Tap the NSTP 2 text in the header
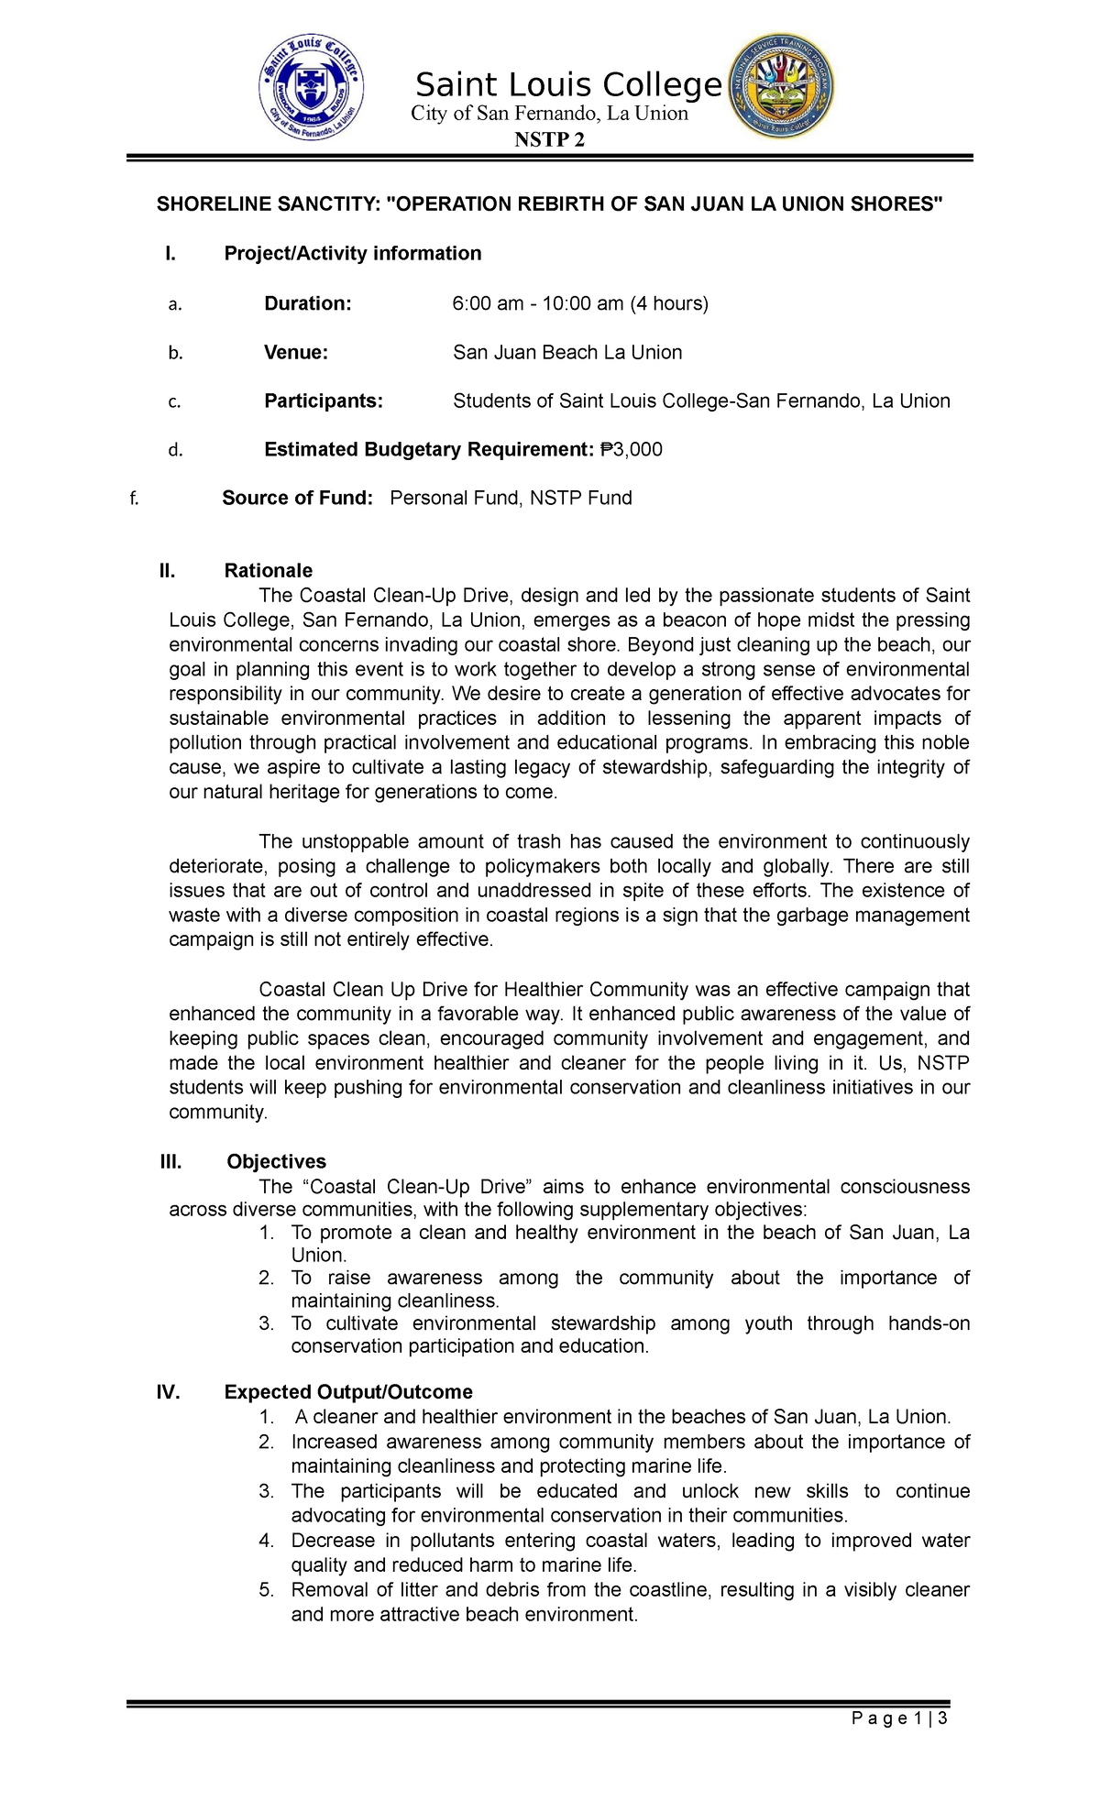(549, 139)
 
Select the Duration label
(307, 303)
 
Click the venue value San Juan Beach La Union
(567, 352)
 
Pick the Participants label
(324, 401)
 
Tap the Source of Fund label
(297, 498)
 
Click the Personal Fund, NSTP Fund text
(511, 498)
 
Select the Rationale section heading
(268, 570)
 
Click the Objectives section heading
(276, 1161)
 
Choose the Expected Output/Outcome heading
(348, 1392)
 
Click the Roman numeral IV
(168, 1392)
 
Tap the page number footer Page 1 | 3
(898, 1718)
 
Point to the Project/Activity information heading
(352, 253)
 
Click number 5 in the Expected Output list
(266, 1590)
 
